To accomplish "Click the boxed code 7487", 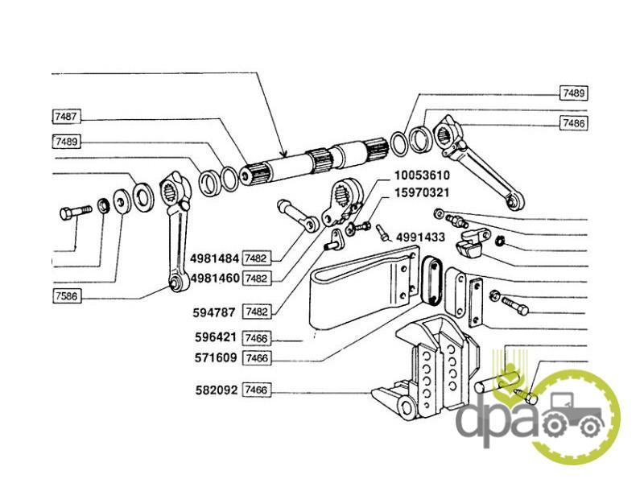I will [x=66, y=118].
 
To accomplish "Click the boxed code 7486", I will [x=574, y=122].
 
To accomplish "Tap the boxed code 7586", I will [x=66, y=297].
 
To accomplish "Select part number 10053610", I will [x=422, y=175].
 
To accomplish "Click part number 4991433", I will [x=422, y=237].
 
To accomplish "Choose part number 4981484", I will [x=215, y=258].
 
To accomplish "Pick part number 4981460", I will [x=215, y=278].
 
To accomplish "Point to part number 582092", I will [x=216, y=390].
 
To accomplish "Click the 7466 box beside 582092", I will [x=256, y=390].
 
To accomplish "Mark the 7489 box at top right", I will [x=574, y=93].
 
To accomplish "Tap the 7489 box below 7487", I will [x=66, y=142].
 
